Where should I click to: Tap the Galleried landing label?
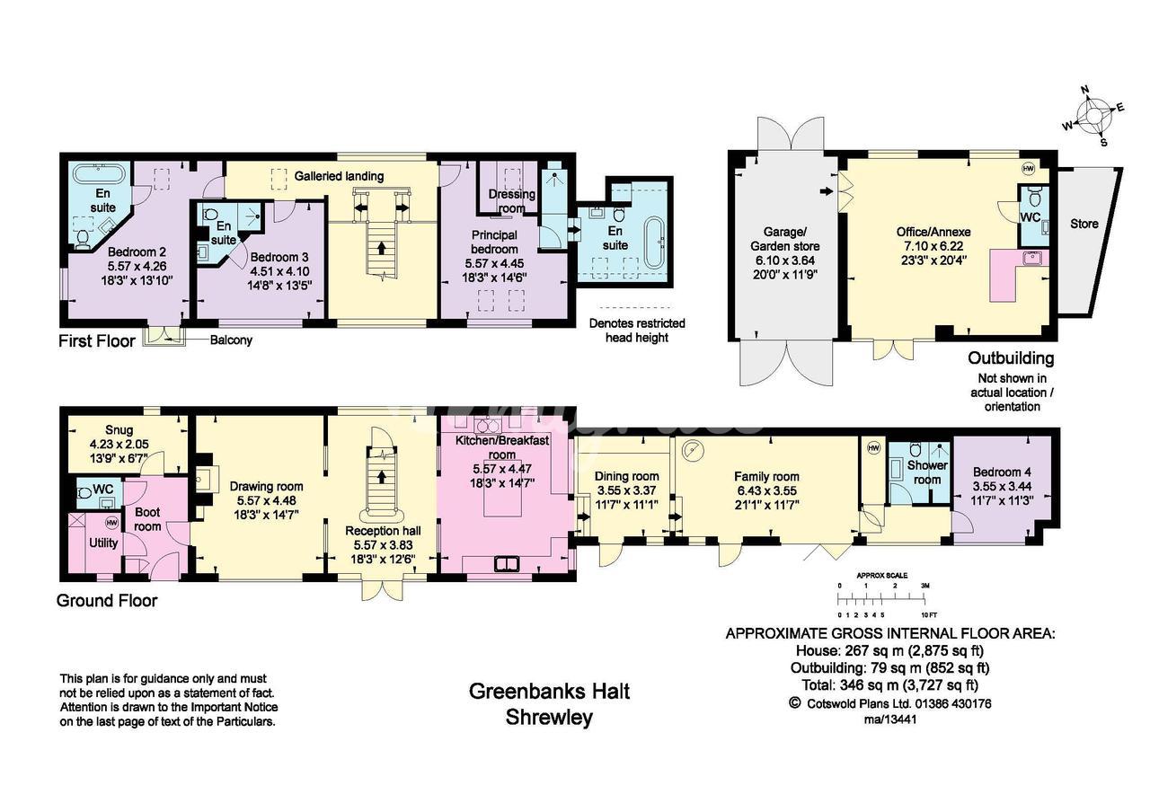tap(339, 176)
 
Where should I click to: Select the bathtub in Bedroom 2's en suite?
tap(99, 174)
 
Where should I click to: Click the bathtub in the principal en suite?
tap(653, 243)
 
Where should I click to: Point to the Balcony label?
tap(231, 340)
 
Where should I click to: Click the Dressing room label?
tap(511, 200)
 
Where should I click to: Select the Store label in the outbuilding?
tap(1084, 224)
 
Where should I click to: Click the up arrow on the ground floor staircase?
tap(381, 477)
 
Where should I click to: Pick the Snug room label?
tap(119, 430)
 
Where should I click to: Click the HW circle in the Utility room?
tap(111, 523)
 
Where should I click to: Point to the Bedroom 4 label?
tap(1002, 472)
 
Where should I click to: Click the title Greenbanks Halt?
tap(549, 692)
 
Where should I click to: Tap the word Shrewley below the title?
tap(549, 717)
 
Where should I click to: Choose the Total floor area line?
tap(889, 685)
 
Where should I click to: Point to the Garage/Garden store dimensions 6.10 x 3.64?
tap(785, 260)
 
